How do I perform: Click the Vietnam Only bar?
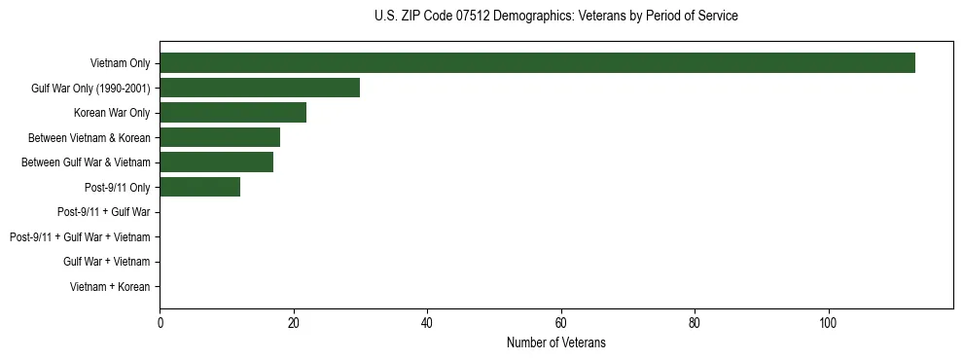coord(537,63)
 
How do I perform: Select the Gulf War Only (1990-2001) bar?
coord(260,88)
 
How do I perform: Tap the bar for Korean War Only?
coord(232,113)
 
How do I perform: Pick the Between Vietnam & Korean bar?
coord(220,137)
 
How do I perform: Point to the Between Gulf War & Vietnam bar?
coord(216,162)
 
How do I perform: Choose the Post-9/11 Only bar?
coord(199,187)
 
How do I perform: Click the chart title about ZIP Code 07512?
coord(555,16)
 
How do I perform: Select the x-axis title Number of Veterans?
coord(555,342)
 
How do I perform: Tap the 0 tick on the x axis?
coord(160,322)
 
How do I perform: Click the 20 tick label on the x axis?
coord(293,322)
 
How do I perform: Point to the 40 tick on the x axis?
coord(427,322)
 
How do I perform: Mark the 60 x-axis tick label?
coord(560,322)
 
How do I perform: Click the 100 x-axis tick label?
coord(828,322)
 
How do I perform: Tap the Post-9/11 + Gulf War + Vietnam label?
coord(80,236)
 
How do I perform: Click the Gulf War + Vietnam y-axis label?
coord(106,262)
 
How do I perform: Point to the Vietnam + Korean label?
coord(110,286)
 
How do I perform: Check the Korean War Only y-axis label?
coord(112,113)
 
